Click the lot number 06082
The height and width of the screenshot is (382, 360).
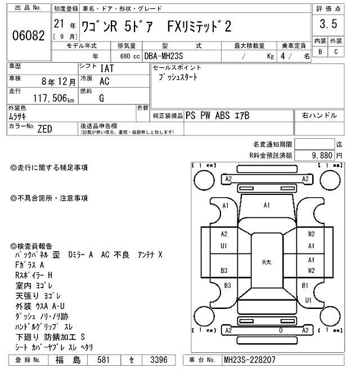point(28,35)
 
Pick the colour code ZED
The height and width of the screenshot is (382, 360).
point(44,129)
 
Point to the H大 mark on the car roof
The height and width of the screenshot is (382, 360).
point(267,262)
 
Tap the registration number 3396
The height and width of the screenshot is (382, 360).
point(160,360)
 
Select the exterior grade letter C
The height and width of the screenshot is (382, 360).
point(335,52)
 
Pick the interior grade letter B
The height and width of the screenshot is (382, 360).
point(320,52)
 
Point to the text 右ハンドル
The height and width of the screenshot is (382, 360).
point(319,115)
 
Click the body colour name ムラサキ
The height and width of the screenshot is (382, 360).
point(20,116)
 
